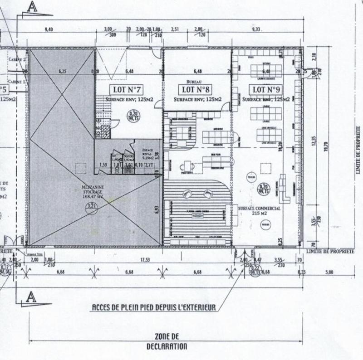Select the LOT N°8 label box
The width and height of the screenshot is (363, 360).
coord(196,89)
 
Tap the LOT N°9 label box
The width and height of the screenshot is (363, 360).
coord(265,89)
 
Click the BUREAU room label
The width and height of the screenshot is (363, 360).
coord(190,82)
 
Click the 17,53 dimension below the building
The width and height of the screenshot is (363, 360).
coord(146,260)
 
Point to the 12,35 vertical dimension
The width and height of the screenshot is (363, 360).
coord(312,143)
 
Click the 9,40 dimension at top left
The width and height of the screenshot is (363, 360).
coord(49,29)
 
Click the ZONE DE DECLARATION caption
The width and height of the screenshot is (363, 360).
coord(167,341)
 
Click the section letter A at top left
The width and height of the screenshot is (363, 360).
coord(32,6)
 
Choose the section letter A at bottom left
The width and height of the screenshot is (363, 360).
coord(31,297)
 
